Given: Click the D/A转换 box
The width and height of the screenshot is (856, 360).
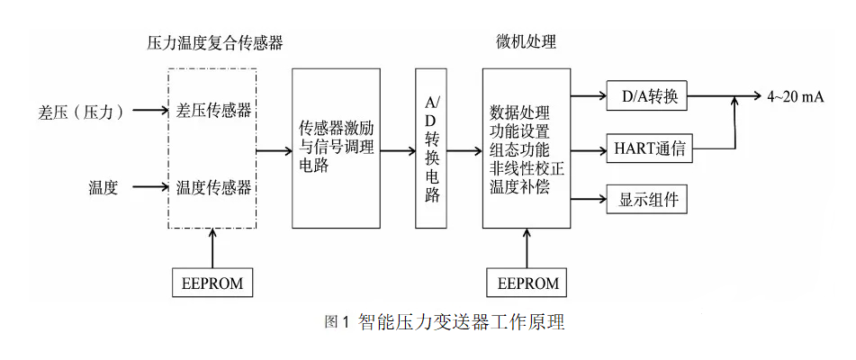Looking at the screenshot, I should tap(648, 95).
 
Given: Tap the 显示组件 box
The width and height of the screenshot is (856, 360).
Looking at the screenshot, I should tap(648, 199).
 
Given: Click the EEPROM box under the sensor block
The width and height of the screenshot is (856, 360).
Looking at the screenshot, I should tap(212, 283).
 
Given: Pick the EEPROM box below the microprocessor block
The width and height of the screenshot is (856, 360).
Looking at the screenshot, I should tap(527, 283).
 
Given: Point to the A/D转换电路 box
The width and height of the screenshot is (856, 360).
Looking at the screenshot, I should tap(432, 148).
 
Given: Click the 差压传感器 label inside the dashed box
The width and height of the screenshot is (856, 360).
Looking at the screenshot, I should tap(213, 111).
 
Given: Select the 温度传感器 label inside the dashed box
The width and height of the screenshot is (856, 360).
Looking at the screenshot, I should tap(213, 187).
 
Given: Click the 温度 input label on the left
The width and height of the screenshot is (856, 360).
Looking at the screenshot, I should tap(103, 187).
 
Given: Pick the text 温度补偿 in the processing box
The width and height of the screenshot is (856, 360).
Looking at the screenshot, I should tap(518, 187).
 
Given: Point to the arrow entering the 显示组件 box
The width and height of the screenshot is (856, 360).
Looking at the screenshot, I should tap(589, 199).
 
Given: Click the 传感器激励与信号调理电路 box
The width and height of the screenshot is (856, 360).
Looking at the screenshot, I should tap(337, 148).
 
